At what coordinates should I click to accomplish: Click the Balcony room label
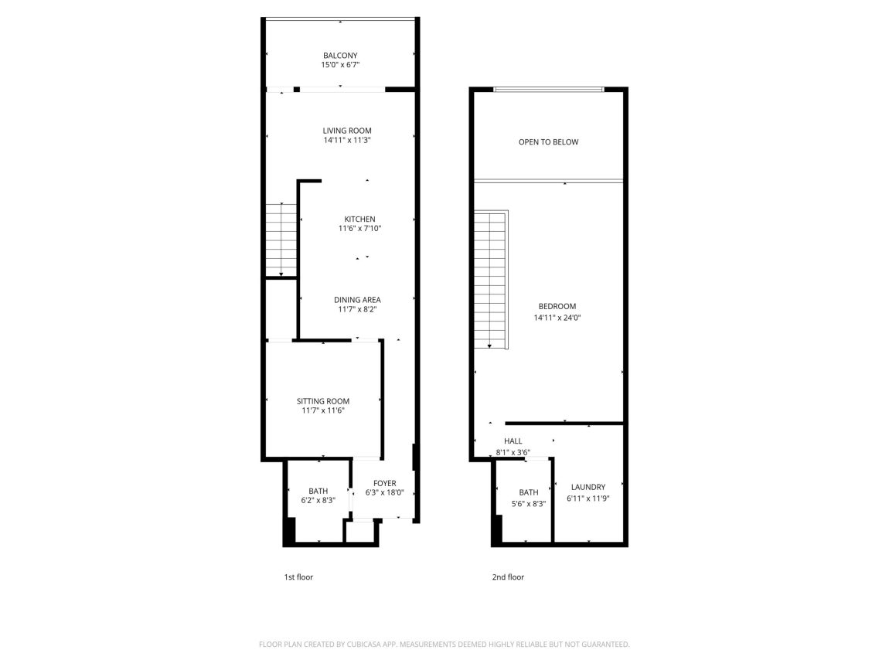(x=340, y=56)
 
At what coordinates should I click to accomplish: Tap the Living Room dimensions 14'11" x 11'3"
(x=347, y=140)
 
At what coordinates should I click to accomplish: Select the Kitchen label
(x=360, y=219)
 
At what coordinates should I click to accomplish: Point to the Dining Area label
(x=357, y=300)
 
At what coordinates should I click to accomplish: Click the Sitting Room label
(x=323, y=401)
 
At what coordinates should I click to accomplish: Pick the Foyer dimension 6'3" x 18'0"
(x=384, y=493)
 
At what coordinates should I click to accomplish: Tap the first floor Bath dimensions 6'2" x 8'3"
(x=318, y=501)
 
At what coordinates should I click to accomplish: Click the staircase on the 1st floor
(x=281, y=240)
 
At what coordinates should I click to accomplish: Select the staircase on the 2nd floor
(x=490, y=279)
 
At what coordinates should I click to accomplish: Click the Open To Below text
(x=548, y=142)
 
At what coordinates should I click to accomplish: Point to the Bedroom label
(x=557, y=307)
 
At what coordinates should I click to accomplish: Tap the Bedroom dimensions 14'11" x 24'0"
(x=557, y=318)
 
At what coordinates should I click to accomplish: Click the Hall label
(x=513, y=441)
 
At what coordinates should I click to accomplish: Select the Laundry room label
(x=588, y=488)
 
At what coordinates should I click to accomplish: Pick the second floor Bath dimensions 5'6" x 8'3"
(x=529, y=504)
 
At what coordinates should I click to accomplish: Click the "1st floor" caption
(x=298, y=577)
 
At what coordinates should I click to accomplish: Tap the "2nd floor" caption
(x=508, y=577)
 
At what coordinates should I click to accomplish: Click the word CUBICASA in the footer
(x=363, y=645)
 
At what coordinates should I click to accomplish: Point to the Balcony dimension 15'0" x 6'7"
(x=340, y=65)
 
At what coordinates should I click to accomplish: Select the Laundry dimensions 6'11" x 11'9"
(x=588, y=499)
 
